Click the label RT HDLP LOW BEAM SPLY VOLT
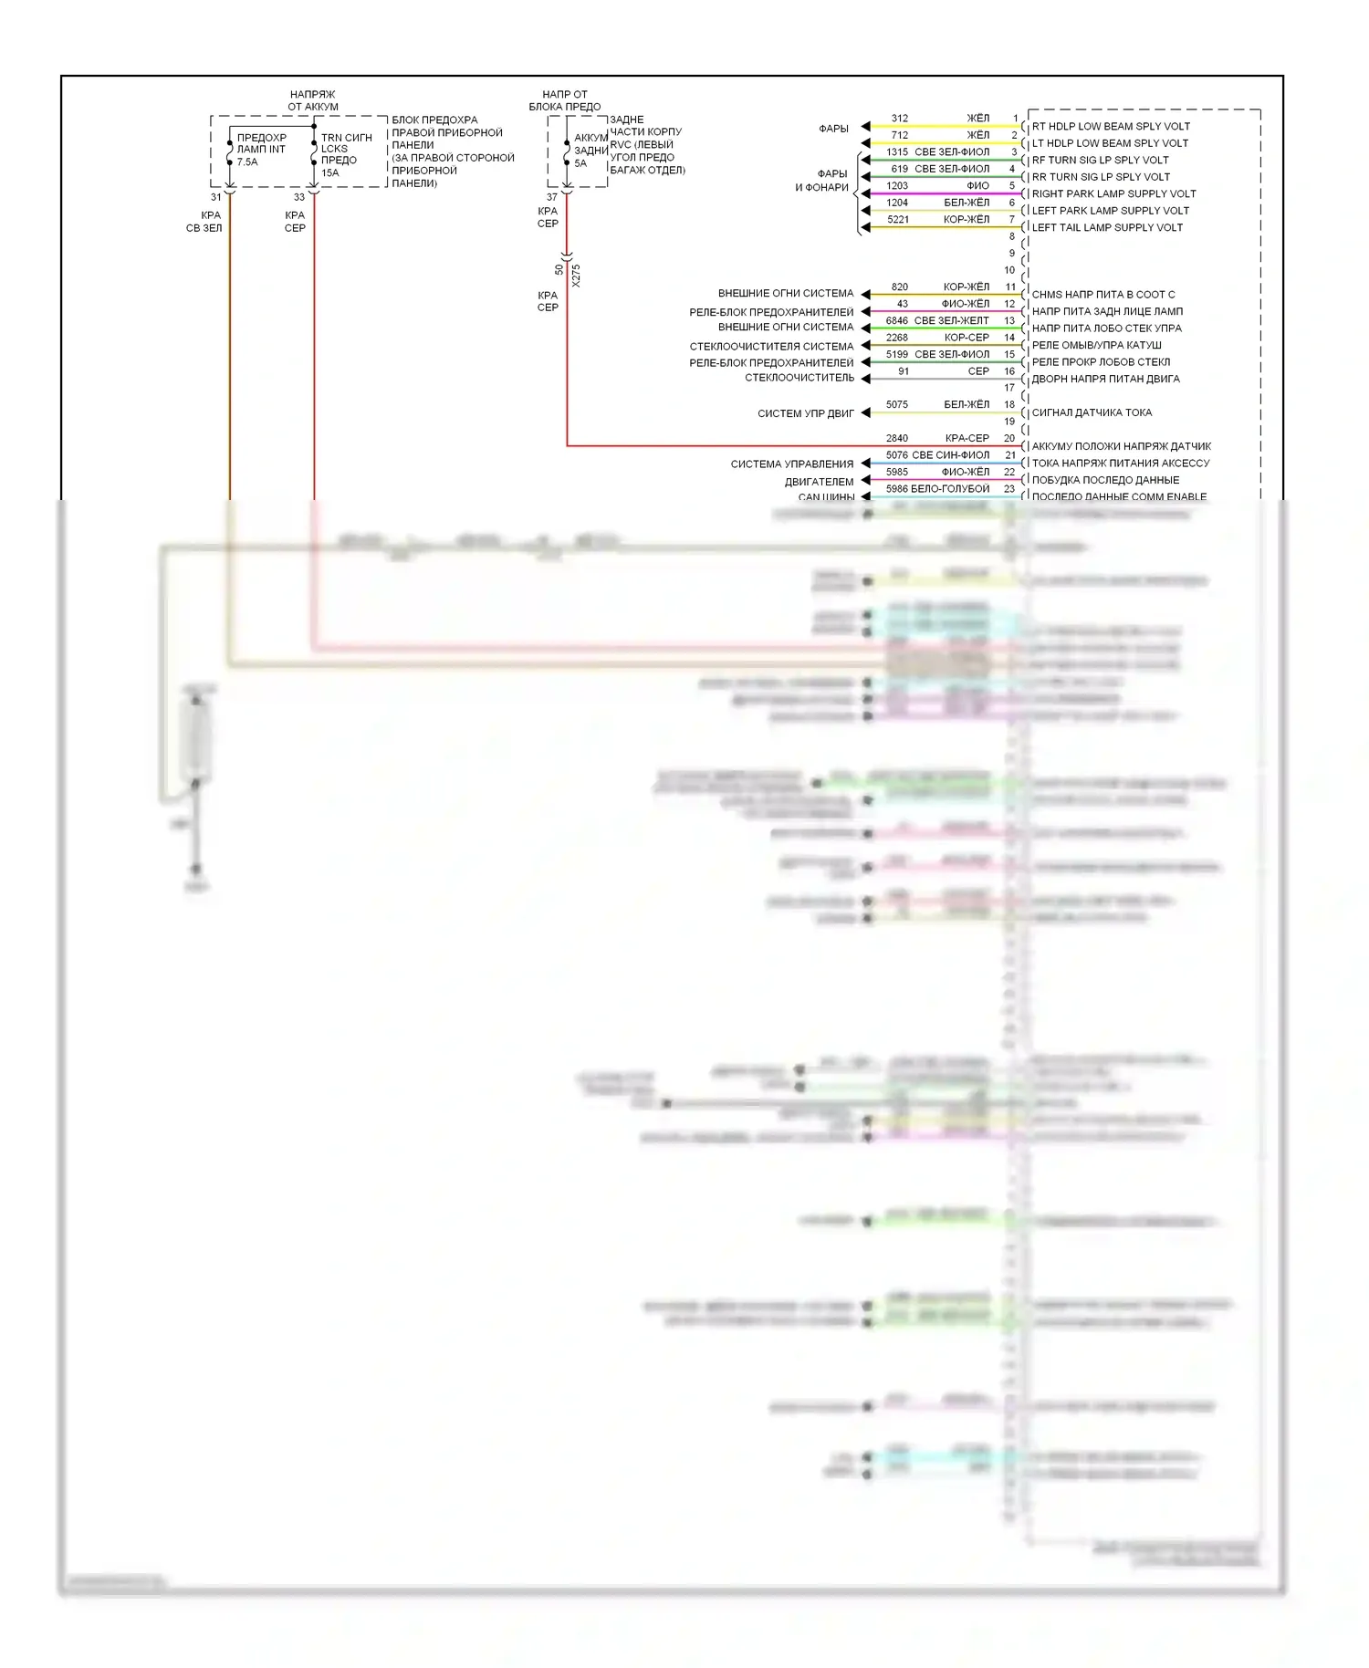tap(1110, 127)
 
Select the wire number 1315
tap(897, 152)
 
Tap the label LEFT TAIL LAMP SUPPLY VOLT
tap(1106, 228)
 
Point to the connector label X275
tap(576, 276)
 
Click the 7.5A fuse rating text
tap(247, 162)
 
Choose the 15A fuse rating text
tap(329, 173)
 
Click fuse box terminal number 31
tap(216, 197)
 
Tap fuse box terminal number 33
tap(299, 197)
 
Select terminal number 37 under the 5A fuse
tap(552, 197)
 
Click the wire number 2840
tap(897, 439)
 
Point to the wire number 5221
tap(898, 220)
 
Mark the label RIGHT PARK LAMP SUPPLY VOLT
tap(1113, 194)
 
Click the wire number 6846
tap(897, 321)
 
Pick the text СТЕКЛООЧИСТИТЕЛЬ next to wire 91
tap(799, 378)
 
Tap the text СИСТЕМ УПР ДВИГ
tap(806, 414)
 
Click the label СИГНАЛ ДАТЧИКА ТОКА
tap(1092, 413)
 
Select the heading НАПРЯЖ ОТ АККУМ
tap(313, 100)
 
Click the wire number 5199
tap(897, 355)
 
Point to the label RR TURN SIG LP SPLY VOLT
tap(1101, 177)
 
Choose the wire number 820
tap(900, 287)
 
